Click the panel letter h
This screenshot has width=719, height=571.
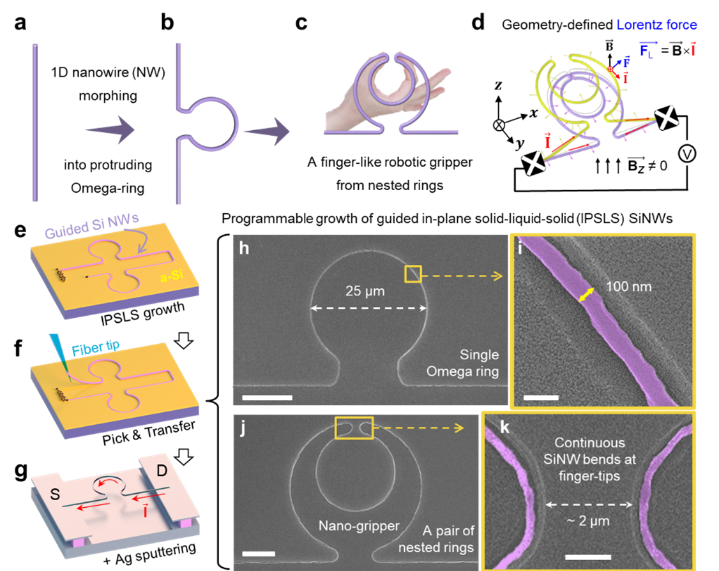(244, 248)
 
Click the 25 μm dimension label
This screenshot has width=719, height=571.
(365, 291)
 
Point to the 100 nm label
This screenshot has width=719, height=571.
(629, 287)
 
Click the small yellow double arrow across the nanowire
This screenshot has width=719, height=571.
(586, 295)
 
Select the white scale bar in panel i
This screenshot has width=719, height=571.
(541, 397)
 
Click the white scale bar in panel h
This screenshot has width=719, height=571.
(268, 397)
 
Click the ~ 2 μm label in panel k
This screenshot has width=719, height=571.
(588, 521)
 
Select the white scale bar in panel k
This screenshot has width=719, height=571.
(588, 557)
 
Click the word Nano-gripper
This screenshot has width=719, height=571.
(359, 526)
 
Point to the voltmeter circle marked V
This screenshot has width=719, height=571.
(686, 154)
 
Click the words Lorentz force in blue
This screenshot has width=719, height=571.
(656, 25)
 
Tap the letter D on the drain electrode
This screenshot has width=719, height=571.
(162, 471)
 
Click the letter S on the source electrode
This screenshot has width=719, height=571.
(55, 494)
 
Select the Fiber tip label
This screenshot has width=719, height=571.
(96, 348)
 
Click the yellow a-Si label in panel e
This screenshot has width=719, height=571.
(172, 276)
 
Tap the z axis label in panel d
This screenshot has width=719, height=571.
(498, 85)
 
